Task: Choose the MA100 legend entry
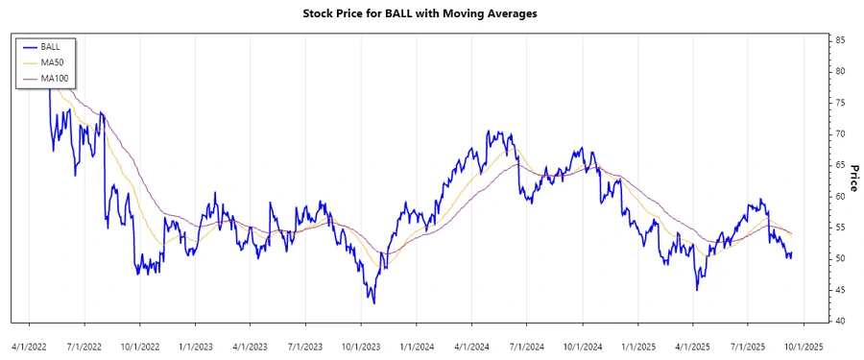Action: pyautogui.click(x=54, y=79)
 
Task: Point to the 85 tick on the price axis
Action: pyautogui.click(x=840, y=40)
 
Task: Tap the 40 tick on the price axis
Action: pyautogui.click(x=840, y=321)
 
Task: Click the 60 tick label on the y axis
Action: pyautogui.click(x=840, y=196)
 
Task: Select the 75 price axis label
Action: pyautogui.click(x=840, y=103)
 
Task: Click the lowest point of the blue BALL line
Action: pyautogui.click(x=373, y=303)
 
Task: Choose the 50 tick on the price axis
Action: pyautogui.click(x=840, y=258)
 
